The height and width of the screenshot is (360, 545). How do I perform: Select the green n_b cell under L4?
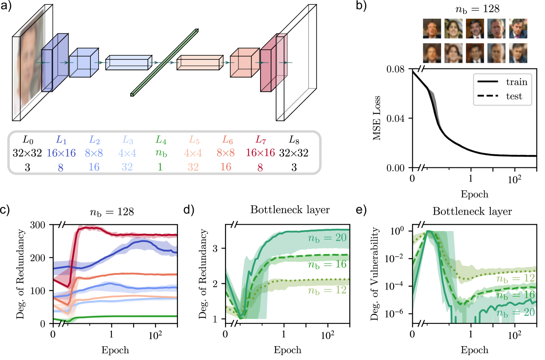[x=160, y=153]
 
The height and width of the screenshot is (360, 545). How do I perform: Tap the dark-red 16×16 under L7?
[x=260, y=153]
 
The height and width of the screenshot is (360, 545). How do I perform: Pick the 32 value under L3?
[x=127, y=166]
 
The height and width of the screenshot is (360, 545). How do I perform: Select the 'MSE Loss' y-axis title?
[x=377, y=119]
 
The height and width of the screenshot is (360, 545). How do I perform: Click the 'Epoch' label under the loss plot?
[x=474, y=194]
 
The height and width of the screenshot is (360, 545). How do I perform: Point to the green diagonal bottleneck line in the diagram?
[x=164, y=62]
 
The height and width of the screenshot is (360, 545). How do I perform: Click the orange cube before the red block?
[x=244, y=63]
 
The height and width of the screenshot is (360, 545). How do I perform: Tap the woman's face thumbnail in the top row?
[x=452, y=29]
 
